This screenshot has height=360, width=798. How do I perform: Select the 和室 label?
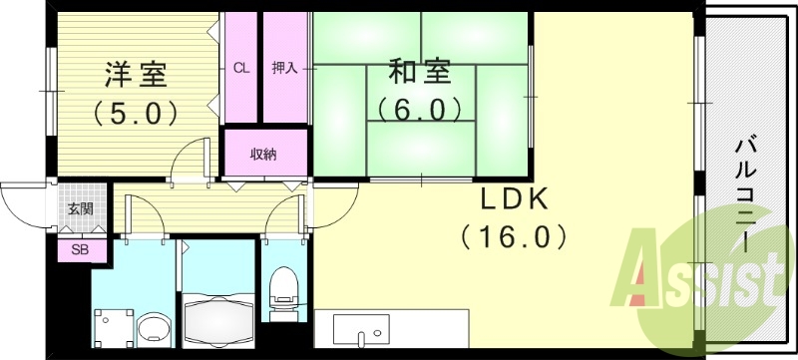pos(419,73)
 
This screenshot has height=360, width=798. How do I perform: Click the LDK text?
pos(516,200)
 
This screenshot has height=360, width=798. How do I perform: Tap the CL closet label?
pos(240,69)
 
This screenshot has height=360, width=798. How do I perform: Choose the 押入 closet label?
pos(284,69)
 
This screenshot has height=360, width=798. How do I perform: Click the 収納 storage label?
pos(263,154)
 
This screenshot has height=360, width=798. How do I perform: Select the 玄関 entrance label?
pos(80,208)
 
